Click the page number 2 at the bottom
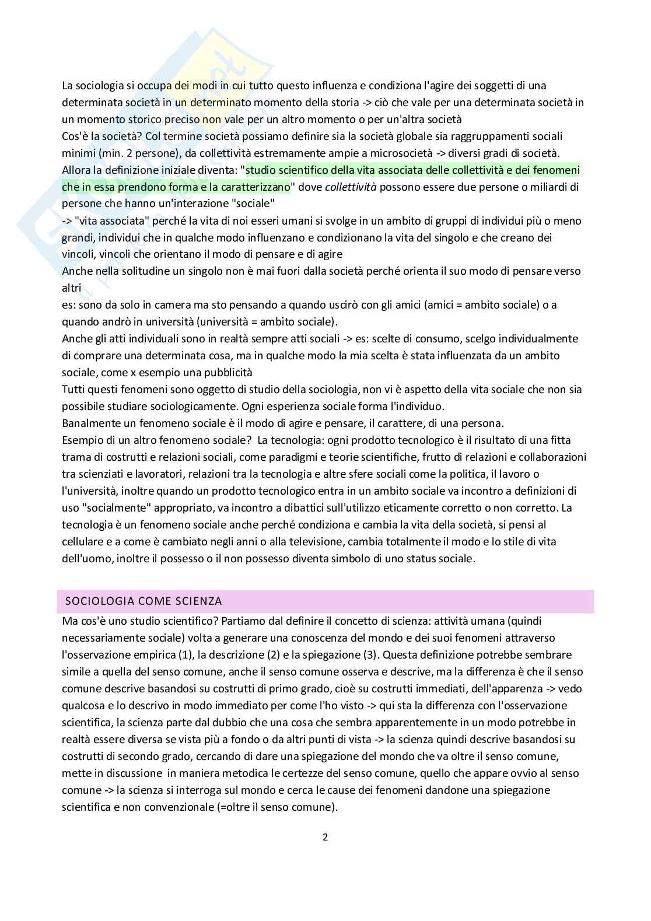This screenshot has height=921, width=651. click(x=325, y=837)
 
